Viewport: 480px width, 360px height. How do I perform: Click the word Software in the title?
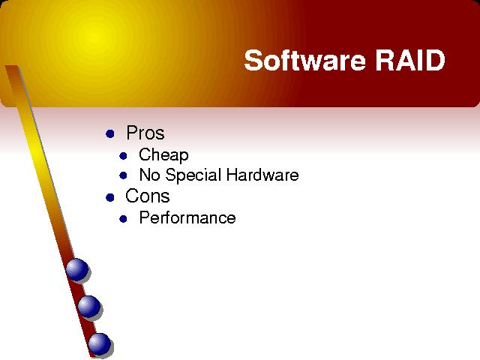pyautogui.click(x=305, y=60)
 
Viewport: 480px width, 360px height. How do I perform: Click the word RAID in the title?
pyautogui.click(x=410, y=60)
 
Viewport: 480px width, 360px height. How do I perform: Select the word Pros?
pyautogui.click(x=145, y=133)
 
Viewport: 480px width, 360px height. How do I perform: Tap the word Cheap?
pyautogui.click(x=163, y=155)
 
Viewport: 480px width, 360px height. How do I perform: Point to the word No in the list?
pyautogui.click(x=149, y=175)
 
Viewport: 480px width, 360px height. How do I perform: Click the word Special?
pyautogui.click(x=193, y=175)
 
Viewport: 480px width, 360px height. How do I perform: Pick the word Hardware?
pyautogui.click(x=262, y=175)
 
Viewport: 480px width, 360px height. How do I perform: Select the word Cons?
pyautogui.click(x=147, y=196)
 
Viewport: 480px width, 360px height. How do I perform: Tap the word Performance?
pyautogui.click(x=187, y=217)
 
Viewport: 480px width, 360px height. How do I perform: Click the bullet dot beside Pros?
pyautogui.click(x=110, y=133)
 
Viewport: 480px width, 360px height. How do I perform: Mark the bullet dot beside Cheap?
pyautogui.click(x=123, y=156)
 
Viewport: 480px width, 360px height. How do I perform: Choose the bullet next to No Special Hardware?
pyautogui.click(x=123, y=175)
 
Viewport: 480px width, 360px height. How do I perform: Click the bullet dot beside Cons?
pyautogui.click(x=110, y=197)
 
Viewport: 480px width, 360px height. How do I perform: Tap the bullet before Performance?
pyautogui.click(x=123, y=219)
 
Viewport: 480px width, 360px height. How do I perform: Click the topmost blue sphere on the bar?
pyautogui.click(x=77, y=269)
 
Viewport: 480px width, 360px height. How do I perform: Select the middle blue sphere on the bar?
pyautogui.click(x=88, y=307)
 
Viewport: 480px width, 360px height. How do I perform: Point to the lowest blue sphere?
pyautogui.click(x=100, y=344)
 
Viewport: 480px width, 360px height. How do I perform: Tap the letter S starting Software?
pyautogui.click(x=253, y=60)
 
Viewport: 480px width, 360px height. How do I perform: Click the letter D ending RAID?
pyautogui.click(x=436, y=60)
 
